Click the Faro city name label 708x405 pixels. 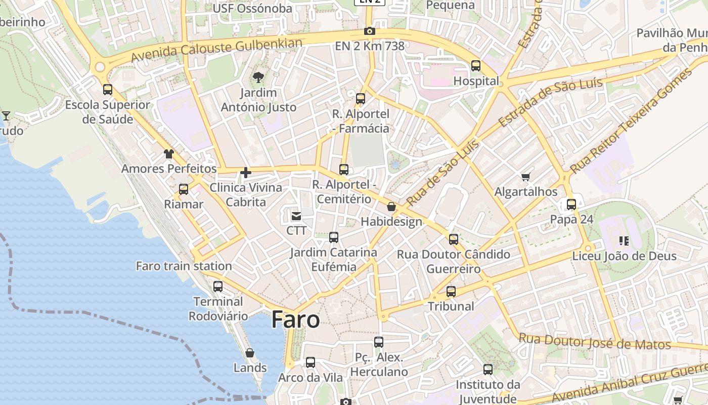(296, 320)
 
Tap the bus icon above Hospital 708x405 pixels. (476, 66)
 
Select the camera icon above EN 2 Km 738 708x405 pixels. (370, 31)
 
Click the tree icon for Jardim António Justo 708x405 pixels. (258, 77)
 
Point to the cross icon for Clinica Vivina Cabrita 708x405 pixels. (246, 173)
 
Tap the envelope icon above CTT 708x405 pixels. (296, 216)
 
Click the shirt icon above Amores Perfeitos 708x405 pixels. (169, 154)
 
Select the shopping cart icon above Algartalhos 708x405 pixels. (526, 177)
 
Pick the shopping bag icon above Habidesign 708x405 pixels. (391, 207)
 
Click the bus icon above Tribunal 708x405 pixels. (451, 292)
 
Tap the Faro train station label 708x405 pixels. (184, 266)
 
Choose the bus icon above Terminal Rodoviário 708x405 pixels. (218, 287)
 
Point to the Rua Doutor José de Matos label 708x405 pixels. (595, 342)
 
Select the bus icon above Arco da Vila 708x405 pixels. (311, 362)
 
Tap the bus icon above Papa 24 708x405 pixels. (571, 205)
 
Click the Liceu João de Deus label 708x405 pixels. (624, 256)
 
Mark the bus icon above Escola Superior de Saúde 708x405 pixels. (108, 90)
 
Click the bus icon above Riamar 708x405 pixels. (184, 189)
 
